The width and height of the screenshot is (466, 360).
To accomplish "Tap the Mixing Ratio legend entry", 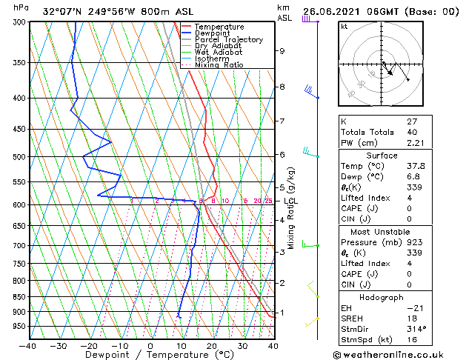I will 219,65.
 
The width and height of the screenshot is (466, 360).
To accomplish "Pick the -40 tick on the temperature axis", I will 28,345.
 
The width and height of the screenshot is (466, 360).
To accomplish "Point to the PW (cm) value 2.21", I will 413,144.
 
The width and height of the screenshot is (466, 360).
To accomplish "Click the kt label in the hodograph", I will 344,27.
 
